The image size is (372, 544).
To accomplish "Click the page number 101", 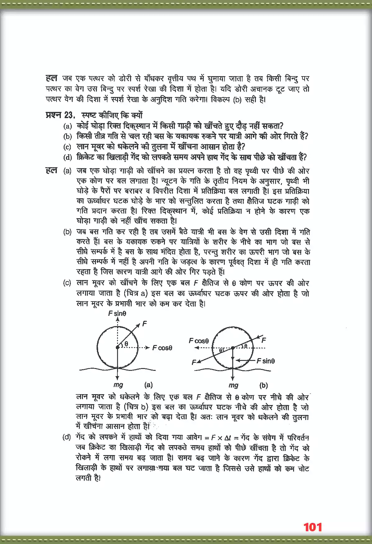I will [x=312, y=527].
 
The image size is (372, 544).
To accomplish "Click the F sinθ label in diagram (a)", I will [x=117, y=314].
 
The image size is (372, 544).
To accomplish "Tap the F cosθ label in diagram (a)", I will [x=162, y=348].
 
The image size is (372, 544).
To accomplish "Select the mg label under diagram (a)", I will [x=118, y=385].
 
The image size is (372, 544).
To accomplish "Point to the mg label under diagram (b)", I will [x=233, y=385].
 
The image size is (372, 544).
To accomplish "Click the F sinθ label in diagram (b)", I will [x=265, y=361].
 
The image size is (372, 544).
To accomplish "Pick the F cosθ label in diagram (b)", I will [x=199, y=341].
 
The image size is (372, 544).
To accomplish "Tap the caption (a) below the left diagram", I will [x=148, y=385].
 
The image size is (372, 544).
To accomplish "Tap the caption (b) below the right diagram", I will [x=263, y=385].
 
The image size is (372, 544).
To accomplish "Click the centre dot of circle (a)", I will [x=117, y=347].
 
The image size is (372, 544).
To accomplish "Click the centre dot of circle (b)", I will [x=233, y=348].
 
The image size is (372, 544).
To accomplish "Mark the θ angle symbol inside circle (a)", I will [x=126, y=344].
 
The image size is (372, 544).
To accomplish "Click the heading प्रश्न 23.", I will [x=60, y=115].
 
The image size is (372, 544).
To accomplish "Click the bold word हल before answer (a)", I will [x=51, y=170].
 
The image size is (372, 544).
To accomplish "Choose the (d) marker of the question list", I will [x=67, y=157].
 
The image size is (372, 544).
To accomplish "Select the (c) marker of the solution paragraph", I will [x=67, y=283].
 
